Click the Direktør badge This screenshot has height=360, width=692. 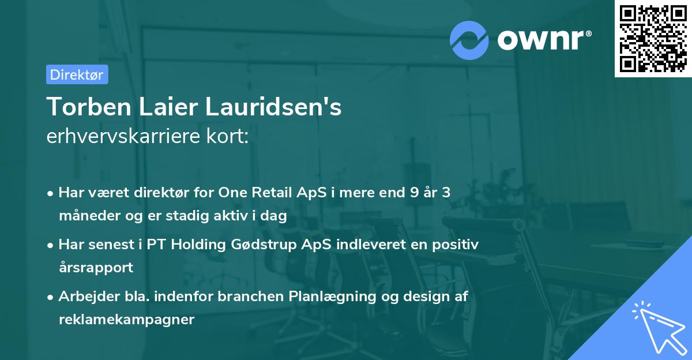(x=77, y=74)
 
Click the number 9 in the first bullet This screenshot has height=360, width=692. (x=413, y=193)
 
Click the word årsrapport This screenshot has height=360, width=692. (x=96, y=268)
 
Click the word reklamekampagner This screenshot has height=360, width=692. (x=126, y=320)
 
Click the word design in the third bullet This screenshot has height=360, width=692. (x=423, y=297)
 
